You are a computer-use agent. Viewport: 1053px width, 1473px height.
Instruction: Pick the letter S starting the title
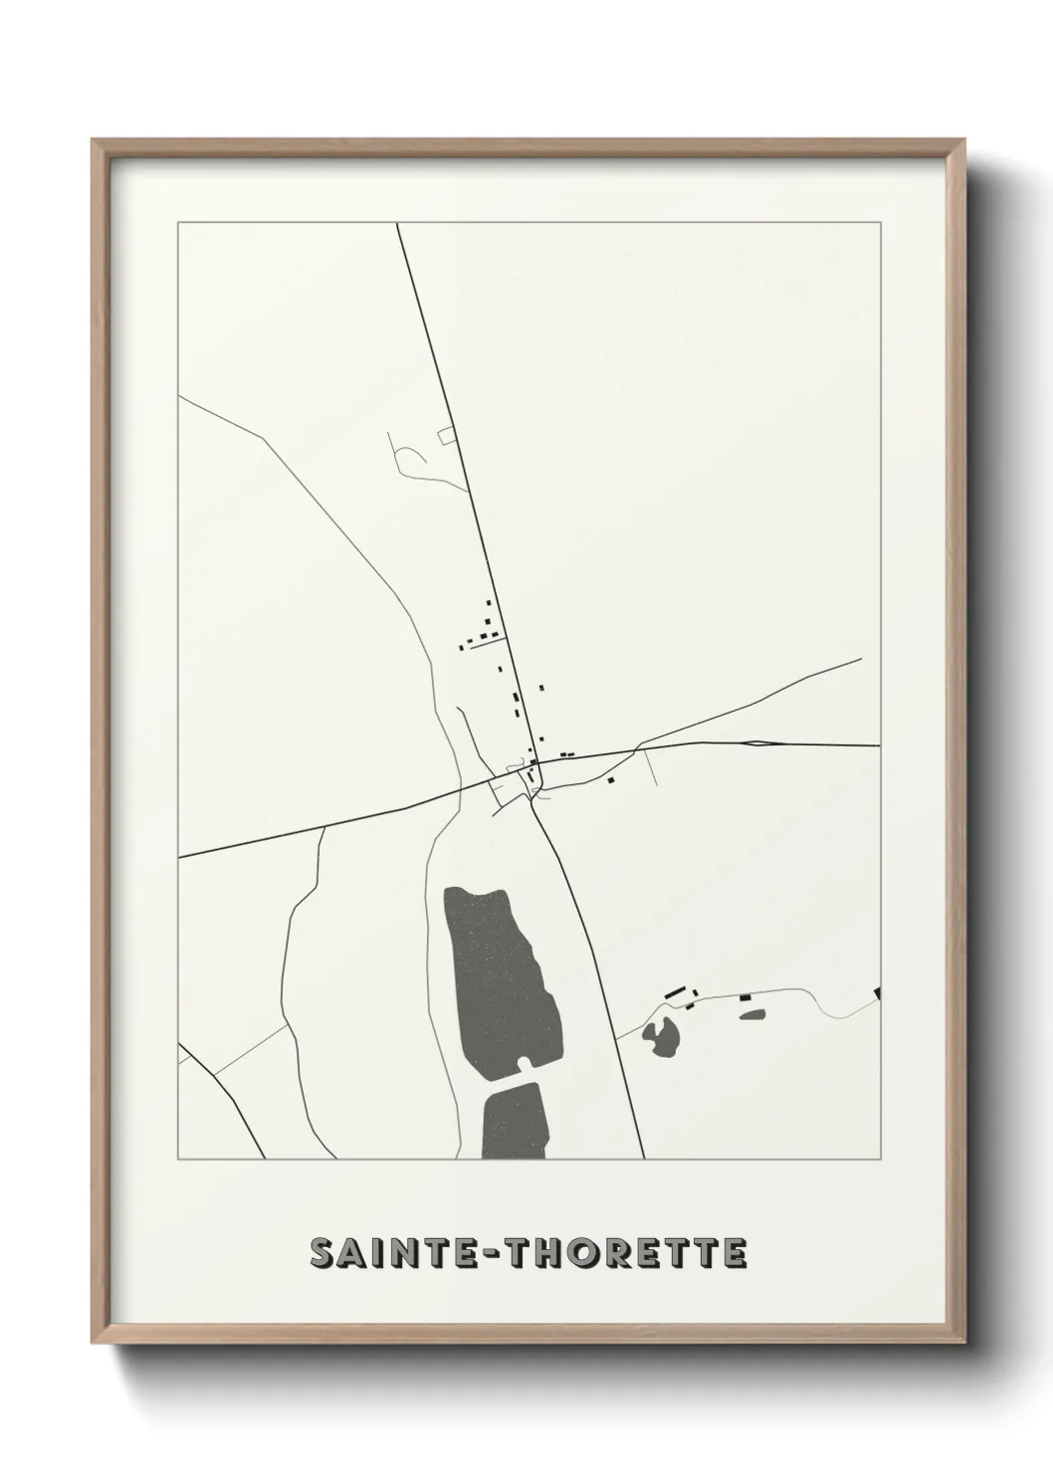pos(322,1253)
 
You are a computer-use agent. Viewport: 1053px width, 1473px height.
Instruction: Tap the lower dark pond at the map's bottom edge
pos(515,1120)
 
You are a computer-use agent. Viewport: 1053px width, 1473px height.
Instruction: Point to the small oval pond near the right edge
pos(752,1014)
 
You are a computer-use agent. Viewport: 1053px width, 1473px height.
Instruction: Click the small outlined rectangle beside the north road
pos(447,435)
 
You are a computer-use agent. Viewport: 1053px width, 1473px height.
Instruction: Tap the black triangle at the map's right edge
pos(877,992)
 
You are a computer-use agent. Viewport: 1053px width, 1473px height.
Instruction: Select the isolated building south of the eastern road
pos(612,780)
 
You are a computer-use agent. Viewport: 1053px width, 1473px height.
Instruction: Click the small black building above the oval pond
pos(744,996)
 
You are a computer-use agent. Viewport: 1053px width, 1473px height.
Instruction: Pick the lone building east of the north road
pos(541,687)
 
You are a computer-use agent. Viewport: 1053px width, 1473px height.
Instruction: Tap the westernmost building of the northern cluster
pos(461,647)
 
